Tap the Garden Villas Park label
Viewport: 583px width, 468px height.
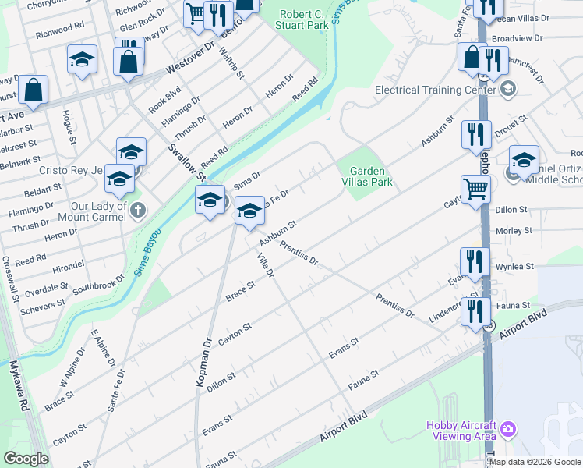370,176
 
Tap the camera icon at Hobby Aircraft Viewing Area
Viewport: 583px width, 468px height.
508,429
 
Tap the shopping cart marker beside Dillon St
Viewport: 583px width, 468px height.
475,188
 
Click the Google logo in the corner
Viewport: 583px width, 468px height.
26,459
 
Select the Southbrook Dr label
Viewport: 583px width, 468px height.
98,285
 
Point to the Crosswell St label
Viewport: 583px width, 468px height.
11,280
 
